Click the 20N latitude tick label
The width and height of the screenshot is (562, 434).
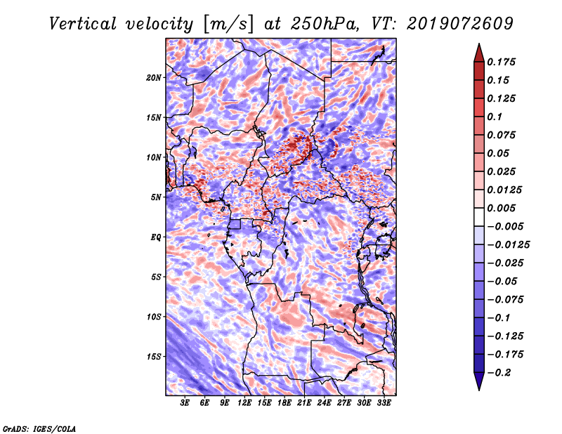coord(154,78)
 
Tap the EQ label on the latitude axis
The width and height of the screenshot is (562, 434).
coord(156,237)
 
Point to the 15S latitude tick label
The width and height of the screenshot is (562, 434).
coord(154,357)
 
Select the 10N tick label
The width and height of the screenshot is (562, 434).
coord(154,157)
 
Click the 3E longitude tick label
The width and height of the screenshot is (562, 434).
coord(185,402)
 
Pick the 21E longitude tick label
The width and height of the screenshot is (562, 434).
coord(304,402)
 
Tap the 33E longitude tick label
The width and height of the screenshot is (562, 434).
coord(384,402)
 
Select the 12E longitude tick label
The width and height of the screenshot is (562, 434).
coord(244,402)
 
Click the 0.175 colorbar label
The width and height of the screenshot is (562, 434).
coord(501,62)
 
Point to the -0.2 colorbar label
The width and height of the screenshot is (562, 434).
coord(499,373)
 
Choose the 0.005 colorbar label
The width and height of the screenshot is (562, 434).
coord(501,208)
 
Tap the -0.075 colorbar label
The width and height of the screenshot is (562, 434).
coord(505,300)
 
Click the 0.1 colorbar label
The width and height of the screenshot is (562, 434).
coord(495,117)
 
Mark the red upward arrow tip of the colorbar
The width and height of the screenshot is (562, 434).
coord(479,44)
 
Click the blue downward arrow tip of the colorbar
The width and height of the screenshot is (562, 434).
coord(479,390)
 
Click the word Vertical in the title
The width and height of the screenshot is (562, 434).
coord(83,24)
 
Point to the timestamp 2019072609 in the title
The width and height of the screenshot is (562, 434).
coord(460,24)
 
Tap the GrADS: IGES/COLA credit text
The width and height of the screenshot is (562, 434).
coord(39,429)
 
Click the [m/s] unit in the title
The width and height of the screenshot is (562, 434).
coord(228,25)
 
